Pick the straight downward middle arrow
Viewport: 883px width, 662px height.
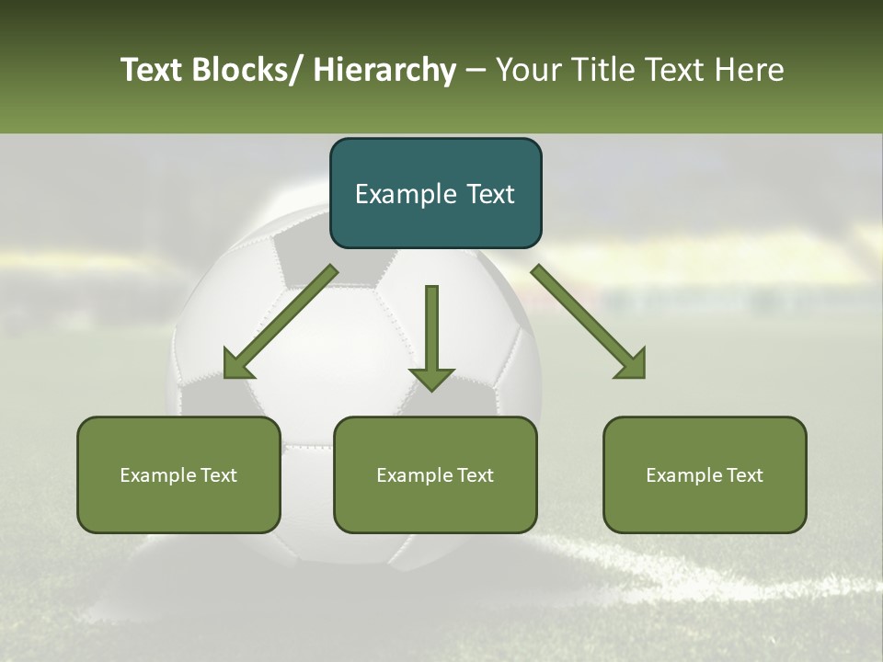(x=431, y=337)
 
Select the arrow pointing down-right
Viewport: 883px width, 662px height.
(x=589, y=322)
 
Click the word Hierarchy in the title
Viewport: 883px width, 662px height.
(x=384, y=70)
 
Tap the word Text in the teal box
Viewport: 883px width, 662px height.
(x=487, y=194)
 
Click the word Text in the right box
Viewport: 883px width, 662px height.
(x=744, y=475)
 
